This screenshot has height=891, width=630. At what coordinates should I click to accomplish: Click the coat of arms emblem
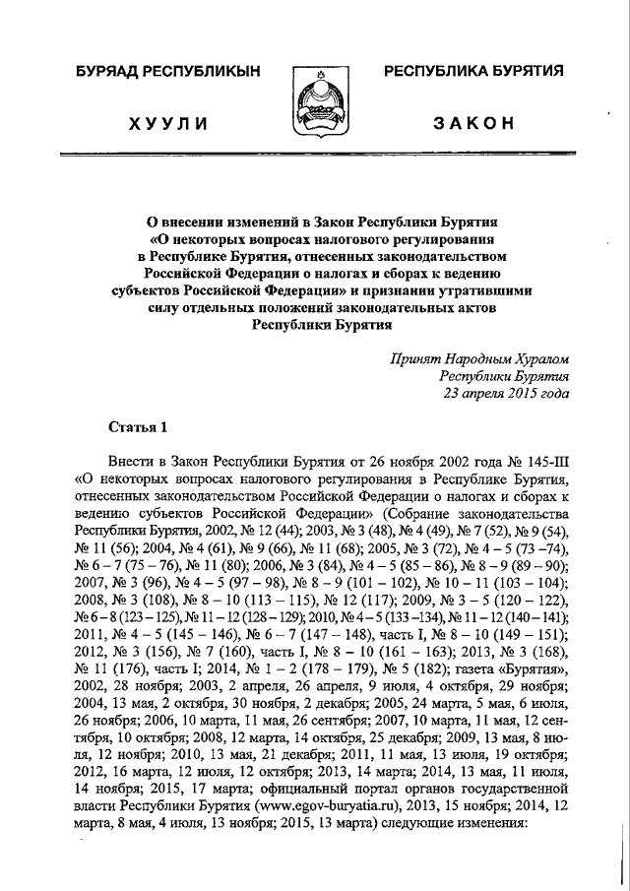313,98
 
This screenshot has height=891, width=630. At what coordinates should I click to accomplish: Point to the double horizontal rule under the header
314,156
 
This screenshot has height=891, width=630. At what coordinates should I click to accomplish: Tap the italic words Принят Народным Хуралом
478,358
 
